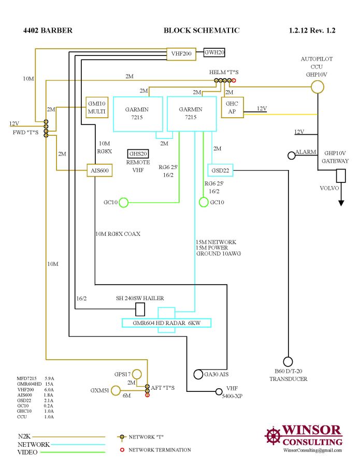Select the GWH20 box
coord(214,52)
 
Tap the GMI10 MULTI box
coord(96,107)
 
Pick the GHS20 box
coord(138,153)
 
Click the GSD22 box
coord(220,170)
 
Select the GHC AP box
coord(232,107)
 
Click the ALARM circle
coord(292,155)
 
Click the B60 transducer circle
coord(288,362)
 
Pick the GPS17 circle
coord(137,374)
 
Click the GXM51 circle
coord(116,390)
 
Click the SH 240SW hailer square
coord(140,309)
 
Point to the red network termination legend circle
coord(122,449)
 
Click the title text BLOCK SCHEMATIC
coord(201,31)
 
